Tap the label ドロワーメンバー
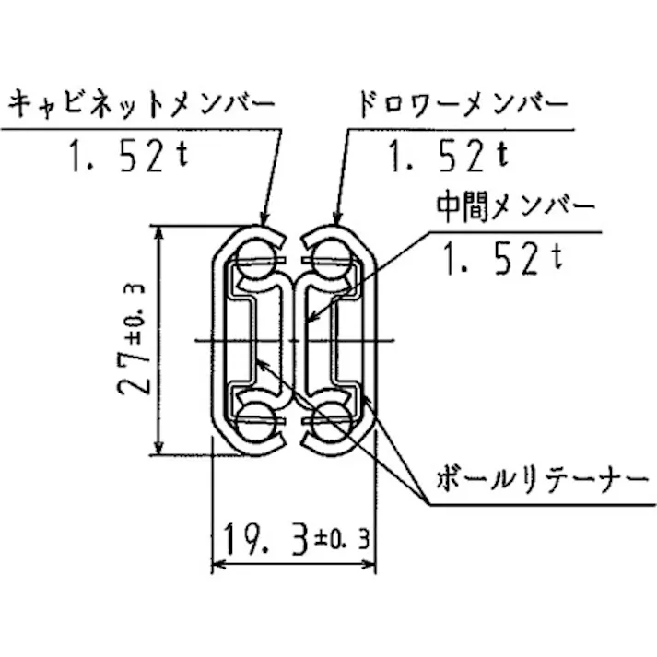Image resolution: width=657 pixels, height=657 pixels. (x=463, y=105)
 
